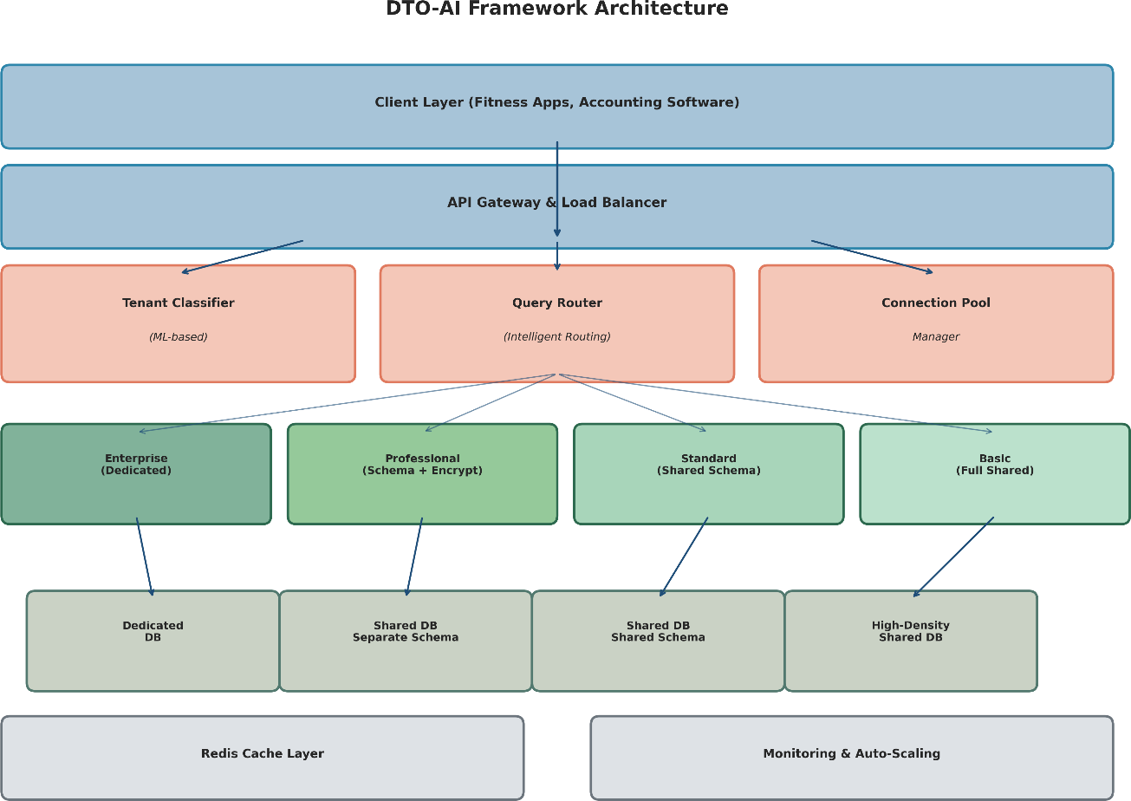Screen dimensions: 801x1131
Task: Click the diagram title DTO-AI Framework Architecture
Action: pyautogui.click(x=556, y=10)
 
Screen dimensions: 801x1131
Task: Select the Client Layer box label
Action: pyautogui.click(x=556, y=102)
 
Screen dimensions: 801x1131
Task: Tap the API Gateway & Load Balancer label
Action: pyautogui.click(x=556, y=203)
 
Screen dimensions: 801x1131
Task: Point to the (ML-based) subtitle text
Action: pyautogui.click(x=178, y=337)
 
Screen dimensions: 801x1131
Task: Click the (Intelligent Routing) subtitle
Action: pyautogui.click(x=556, y=337)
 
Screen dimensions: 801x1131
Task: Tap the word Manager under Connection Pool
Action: pyautogui.click(x=935, y=337)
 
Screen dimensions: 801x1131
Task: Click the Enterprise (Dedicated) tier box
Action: pyautogui.click(x=136, y=473)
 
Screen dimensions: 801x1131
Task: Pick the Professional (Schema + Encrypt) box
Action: pyautogui.click(x=422, y=473)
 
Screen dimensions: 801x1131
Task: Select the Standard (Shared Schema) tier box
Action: pyautogui.click(x=708, y=473)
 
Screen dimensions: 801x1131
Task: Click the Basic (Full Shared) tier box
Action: pyautogui.click(x=994, y=473)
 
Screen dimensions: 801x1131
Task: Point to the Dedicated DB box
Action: pyautogui.click(x=153, y=641)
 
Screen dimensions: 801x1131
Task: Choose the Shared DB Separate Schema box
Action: pyautogui.click(x=405, y=641)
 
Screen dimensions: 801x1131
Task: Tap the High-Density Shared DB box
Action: pyautogui.click(x=910, y=641)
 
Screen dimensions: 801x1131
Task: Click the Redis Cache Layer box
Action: pyautogui.click(x=262, y=754)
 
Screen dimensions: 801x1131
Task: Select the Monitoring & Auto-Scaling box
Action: pyautogui.click(x=851, y=754)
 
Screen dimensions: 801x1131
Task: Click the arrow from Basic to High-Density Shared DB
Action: pyautogui.click(x=953, y=557)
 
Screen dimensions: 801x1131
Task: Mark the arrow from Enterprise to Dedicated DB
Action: pyautogui.click(x=145, y=557)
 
